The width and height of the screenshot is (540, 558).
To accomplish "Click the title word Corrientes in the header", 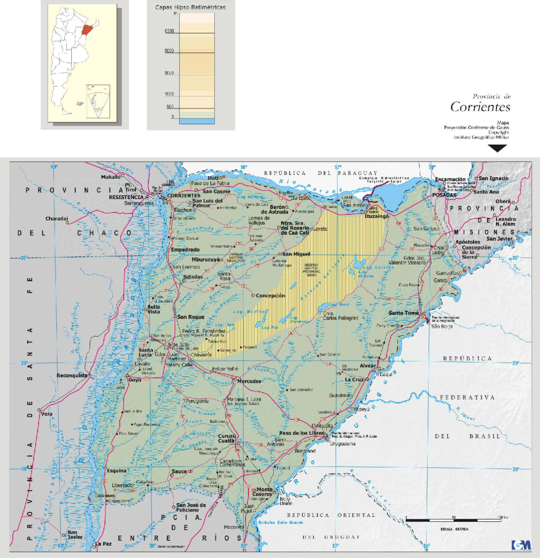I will tap(480, 107).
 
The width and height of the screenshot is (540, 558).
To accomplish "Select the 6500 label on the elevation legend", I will tap(169, 31).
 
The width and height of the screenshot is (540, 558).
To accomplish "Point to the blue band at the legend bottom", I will tap(197, 121).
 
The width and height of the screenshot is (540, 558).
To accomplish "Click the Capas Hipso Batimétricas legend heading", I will tap(190, 7).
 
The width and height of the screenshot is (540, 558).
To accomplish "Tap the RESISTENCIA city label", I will tap(126, 197).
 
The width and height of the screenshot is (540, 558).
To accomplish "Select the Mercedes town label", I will tap(249, 381).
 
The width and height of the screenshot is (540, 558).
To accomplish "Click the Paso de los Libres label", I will tap(301, 433).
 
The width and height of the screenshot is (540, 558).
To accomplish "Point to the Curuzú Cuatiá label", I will tap(227, 438).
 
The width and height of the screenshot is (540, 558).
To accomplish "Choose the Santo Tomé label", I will tap(404, 313).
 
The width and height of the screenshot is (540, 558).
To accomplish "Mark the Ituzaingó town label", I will tap(377, 216).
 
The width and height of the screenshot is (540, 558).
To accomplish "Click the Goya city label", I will tap(135, 380).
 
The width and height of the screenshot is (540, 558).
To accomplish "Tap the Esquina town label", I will tap(117, 471).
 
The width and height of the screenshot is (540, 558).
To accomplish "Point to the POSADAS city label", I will tap(444, 195).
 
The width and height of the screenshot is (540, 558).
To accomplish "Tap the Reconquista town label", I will tap(72, 375).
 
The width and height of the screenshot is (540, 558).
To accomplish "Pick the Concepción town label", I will tap(270, 296).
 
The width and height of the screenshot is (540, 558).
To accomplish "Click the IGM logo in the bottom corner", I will tap(521, 545).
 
